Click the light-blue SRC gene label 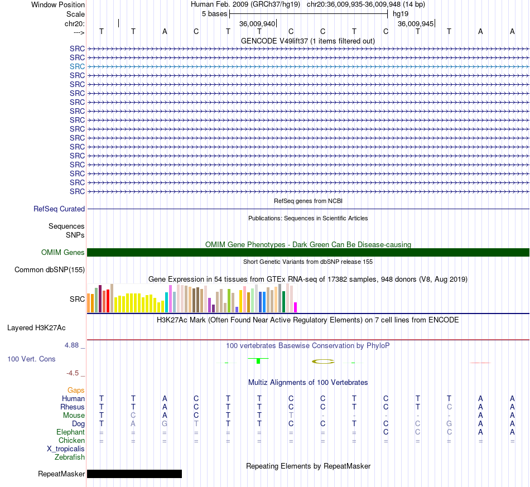tap(77, 66)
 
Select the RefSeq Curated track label tap(59, 209)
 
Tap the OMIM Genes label tap(63, 253)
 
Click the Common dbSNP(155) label tap(50, 269)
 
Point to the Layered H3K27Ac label tap(36, 328)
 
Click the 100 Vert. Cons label tap(31, 359)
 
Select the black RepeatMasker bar tap(134, 474)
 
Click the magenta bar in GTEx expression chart tap(296, 307)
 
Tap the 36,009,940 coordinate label tap(257, 23)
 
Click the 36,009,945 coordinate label tap(416, 23)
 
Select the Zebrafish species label tap(70, 457)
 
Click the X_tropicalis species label tap(66, 449)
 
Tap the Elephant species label tap(71, 432)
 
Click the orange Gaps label tap(76, 390)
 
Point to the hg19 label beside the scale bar tap(401, 14)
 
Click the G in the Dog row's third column tap(165, 424)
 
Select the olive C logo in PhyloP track tap(323, 361)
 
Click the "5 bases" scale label tap(215, 14)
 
